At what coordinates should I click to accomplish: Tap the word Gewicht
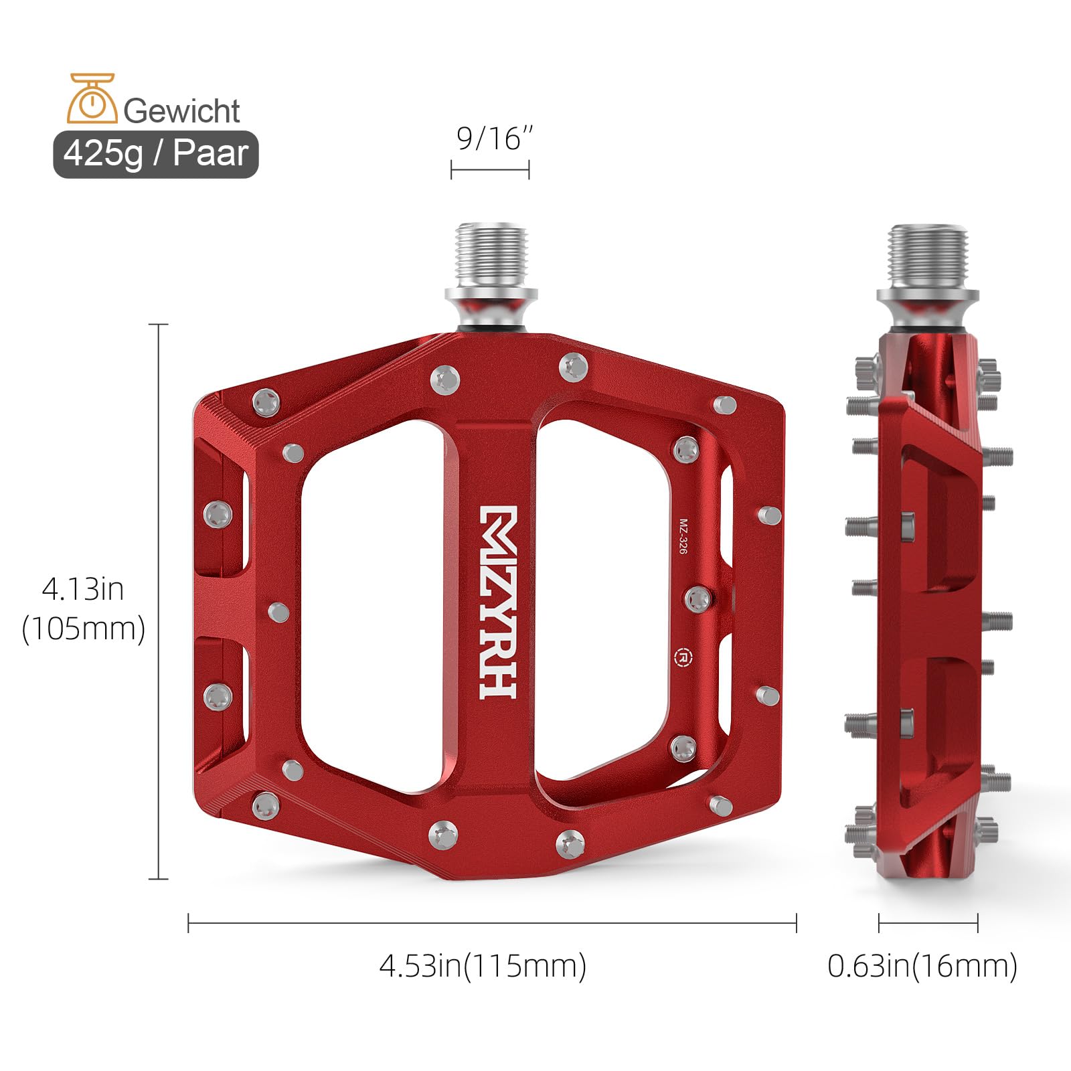[x=181, y=110]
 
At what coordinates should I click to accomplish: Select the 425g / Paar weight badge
[x=156, y=154]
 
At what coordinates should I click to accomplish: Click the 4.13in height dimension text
[x=83, y=589]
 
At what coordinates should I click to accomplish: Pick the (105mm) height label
[x=84, y=629]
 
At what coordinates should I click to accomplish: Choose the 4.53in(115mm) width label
[x=483, y=966]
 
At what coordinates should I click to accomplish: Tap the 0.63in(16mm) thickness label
[x=922, y=966]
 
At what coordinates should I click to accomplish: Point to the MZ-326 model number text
[x=683, y=536]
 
